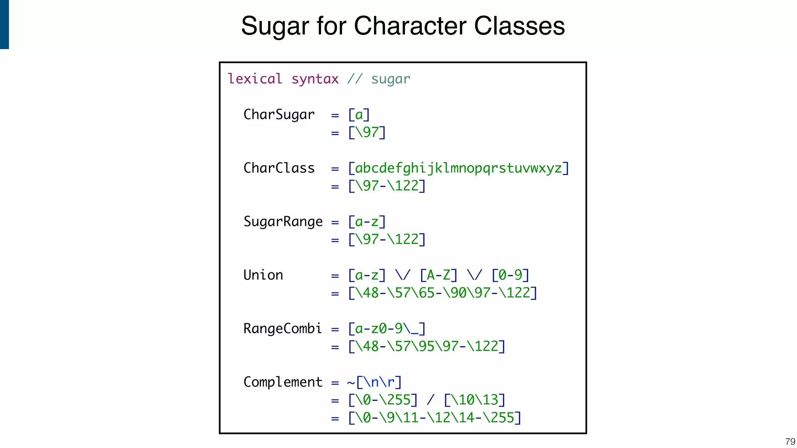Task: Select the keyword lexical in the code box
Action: [x=255, y=79]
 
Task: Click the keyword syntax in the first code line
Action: [x=315, y=79]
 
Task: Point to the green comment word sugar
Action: [x=390, y=79]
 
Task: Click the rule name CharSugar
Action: [x=279, y=115]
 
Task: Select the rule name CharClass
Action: [x=279, y=168]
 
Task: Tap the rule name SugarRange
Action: [x=283, y=222]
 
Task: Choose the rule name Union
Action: [x=263, y=275]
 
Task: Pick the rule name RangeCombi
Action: [x=283, y=329]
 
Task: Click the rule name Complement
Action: [x=283, y=382]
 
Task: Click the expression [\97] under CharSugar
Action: [x=367, y=132]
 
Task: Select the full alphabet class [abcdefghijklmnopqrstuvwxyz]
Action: [x=458, y=168]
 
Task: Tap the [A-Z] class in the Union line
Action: [x=438, y=275]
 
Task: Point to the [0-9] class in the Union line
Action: [x=510, y=275]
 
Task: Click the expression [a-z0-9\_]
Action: [x=387, y=329]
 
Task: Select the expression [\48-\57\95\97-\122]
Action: [x=427, y=346]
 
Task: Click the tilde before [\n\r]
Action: [x=351, y=383]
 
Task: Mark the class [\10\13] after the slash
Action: [x=474, y=399]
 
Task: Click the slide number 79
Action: [x=790, y=442]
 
